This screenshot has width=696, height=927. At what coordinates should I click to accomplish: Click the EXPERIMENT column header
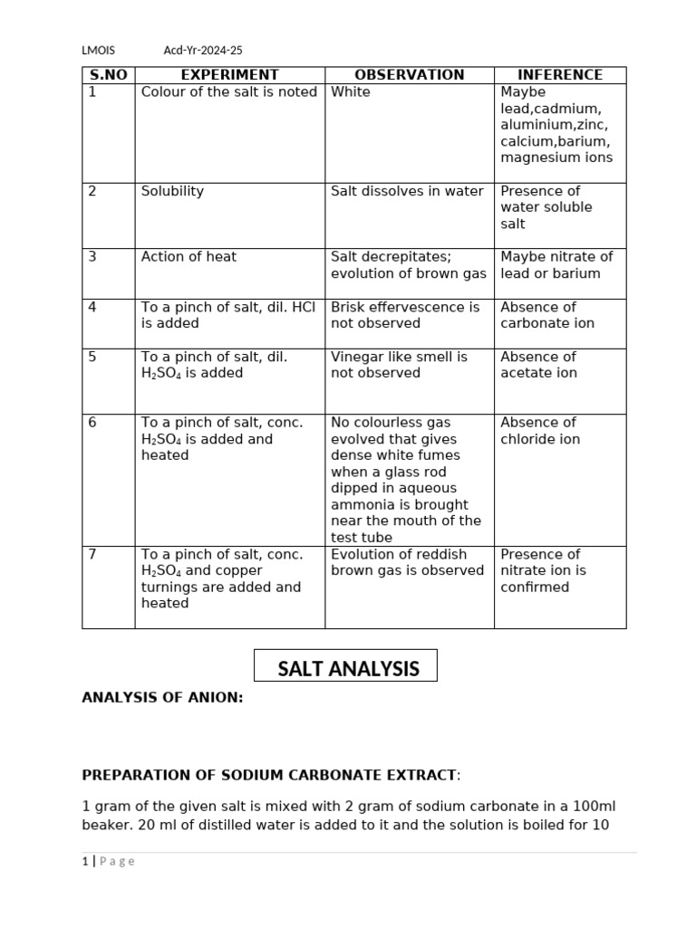pos(229,75)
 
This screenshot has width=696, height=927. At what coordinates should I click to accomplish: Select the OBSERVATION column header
pos(409,75)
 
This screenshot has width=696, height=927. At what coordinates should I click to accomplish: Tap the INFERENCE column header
pos(559,75)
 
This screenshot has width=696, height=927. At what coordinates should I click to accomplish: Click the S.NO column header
pos(108,75)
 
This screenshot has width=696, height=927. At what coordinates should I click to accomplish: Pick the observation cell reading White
pos(351,92)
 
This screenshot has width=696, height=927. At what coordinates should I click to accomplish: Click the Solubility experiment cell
pos(172,191)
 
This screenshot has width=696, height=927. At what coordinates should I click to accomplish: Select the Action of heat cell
pos(188,257)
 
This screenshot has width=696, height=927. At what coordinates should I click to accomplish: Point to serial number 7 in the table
pos(92,554)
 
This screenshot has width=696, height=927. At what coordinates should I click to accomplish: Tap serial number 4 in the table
pos(92,307)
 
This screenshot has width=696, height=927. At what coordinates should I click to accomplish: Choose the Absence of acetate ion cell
pos(538,365)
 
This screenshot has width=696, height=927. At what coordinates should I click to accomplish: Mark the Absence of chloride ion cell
pos(540,431)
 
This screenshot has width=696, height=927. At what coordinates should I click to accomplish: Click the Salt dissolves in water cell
pos(407,191)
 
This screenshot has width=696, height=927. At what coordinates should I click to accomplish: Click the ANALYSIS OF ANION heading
pos(162,698)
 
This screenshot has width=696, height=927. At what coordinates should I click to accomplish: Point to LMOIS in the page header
pos(98,51)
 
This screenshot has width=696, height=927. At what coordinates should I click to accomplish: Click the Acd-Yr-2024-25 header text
pos(203,51)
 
